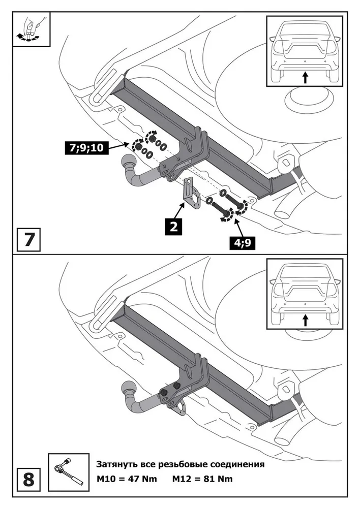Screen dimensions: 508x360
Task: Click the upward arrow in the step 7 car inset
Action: pos(305,77)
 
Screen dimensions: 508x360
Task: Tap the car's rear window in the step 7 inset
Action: pos(304,33)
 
